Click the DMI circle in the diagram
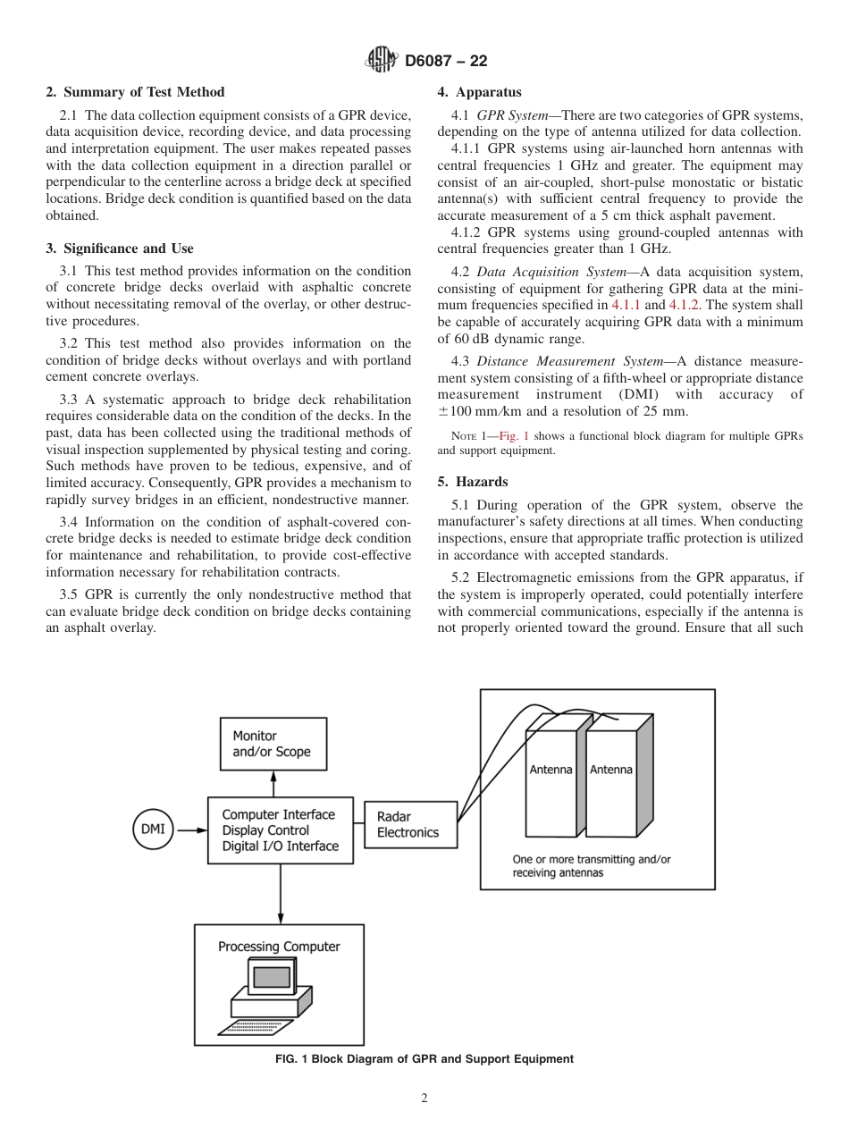[153, 829]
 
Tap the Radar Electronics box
[410, 824]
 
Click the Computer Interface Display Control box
[280, 830]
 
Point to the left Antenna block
[551, 769]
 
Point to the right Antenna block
[611, 769]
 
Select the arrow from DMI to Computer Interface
[190, 830]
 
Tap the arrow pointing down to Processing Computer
[281, 894]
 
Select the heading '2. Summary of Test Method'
[135, 92]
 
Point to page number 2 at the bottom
[424, 1099]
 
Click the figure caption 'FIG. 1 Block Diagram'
[424, 1059]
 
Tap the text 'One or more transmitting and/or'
[591, 859]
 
